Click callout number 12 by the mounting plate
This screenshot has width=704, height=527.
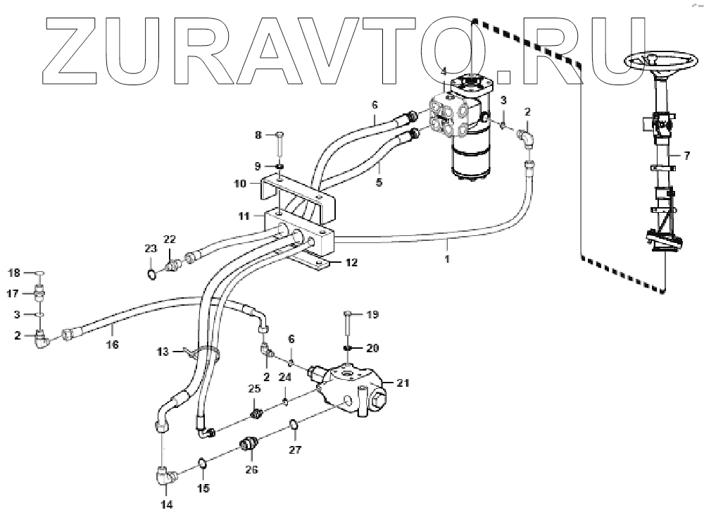click(x=351, y=262)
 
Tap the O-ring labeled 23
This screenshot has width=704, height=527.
click(x=152, y=271)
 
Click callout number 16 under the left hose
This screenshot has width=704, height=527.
click(x=112, y=344)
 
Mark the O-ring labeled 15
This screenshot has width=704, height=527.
click(x=202, y=463)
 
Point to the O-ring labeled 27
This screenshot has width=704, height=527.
click(x=295, y=425)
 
